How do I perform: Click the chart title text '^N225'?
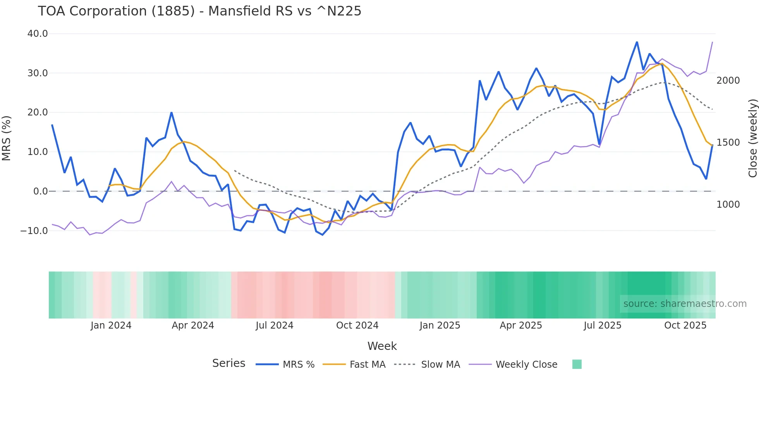339,11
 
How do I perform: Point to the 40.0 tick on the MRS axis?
38,34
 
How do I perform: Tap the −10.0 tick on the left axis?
34,231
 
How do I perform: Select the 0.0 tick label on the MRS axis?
40,191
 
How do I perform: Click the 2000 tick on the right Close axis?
728,81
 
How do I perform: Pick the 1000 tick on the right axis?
728,205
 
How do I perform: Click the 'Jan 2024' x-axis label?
111,325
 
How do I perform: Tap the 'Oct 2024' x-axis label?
357,325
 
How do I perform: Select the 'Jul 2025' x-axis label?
603,325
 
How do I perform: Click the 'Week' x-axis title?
382,346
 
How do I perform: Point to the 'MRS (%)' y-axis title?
7,138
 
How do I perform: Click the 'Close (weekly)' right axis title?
752,138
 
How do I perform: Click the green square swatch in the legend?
577,364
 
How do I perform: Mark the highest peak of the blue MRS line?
637,42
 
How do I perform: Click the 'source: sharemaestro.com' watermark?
685,304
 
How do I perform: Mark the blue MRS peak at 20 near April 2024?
172,113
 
